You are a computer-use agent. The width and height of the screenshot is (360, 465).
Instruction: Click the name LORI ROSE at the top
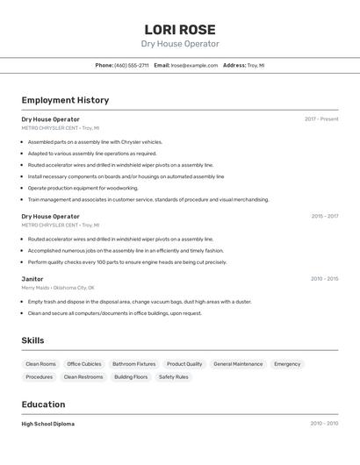(180, 29)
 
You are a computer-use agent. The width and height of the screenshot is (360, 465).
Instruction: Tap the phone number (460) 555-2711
(132, 66)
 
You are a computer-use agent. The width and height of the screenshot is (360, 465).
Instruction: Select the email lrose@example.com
(194, 66)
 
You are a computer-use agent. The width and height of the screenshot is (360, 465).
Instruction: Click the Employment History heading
(65, 101)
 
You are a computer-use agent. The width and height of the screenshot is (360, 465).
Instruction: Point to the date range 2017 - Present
(321, 119)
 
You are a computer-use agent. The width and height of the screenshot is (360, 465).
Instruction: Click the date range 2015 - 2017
(325, 216)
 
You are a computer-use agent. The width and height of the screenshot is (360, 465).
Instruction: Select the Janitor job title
(32, 279)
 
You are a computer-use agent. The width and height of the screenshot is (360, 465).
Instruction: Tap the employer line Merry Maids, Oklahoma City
(58, 288)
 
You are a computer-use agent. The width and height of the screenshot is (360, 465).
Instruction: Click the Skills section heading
(32, 340)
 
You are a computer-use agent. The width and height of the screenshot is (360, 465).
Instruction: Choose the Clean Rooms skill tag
(40, 364)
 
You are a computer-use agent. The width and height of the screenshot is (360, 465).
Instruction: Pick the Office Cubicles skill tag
(84, 364)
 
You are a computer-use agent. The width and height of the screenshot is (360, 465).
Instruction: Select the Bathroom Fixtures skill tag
(134, 364)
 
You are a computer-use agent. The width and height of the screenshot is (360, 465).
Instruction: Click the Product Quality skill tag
(184, 364)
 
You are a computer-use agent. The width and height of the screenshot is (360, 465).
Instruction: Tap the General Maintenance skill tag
(238, 364)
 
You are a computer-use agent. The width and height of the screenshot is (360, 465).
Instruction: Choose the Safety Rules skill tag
(174, 377)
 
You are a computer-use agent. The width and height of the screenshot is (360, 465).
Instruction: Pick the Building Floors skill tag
(131, 377)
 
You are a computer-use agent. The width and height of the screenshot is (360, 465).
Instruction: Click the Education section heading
(43, 404)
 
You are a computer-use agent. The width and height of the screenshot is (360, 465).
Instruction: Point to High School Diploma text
(48, 424)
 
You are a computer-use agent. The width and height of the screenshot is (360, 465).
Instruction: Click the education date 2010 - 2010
(324, 424)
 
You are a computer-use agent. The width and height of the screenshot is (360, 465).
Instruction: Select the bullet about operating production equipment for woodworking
(83, 188)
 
